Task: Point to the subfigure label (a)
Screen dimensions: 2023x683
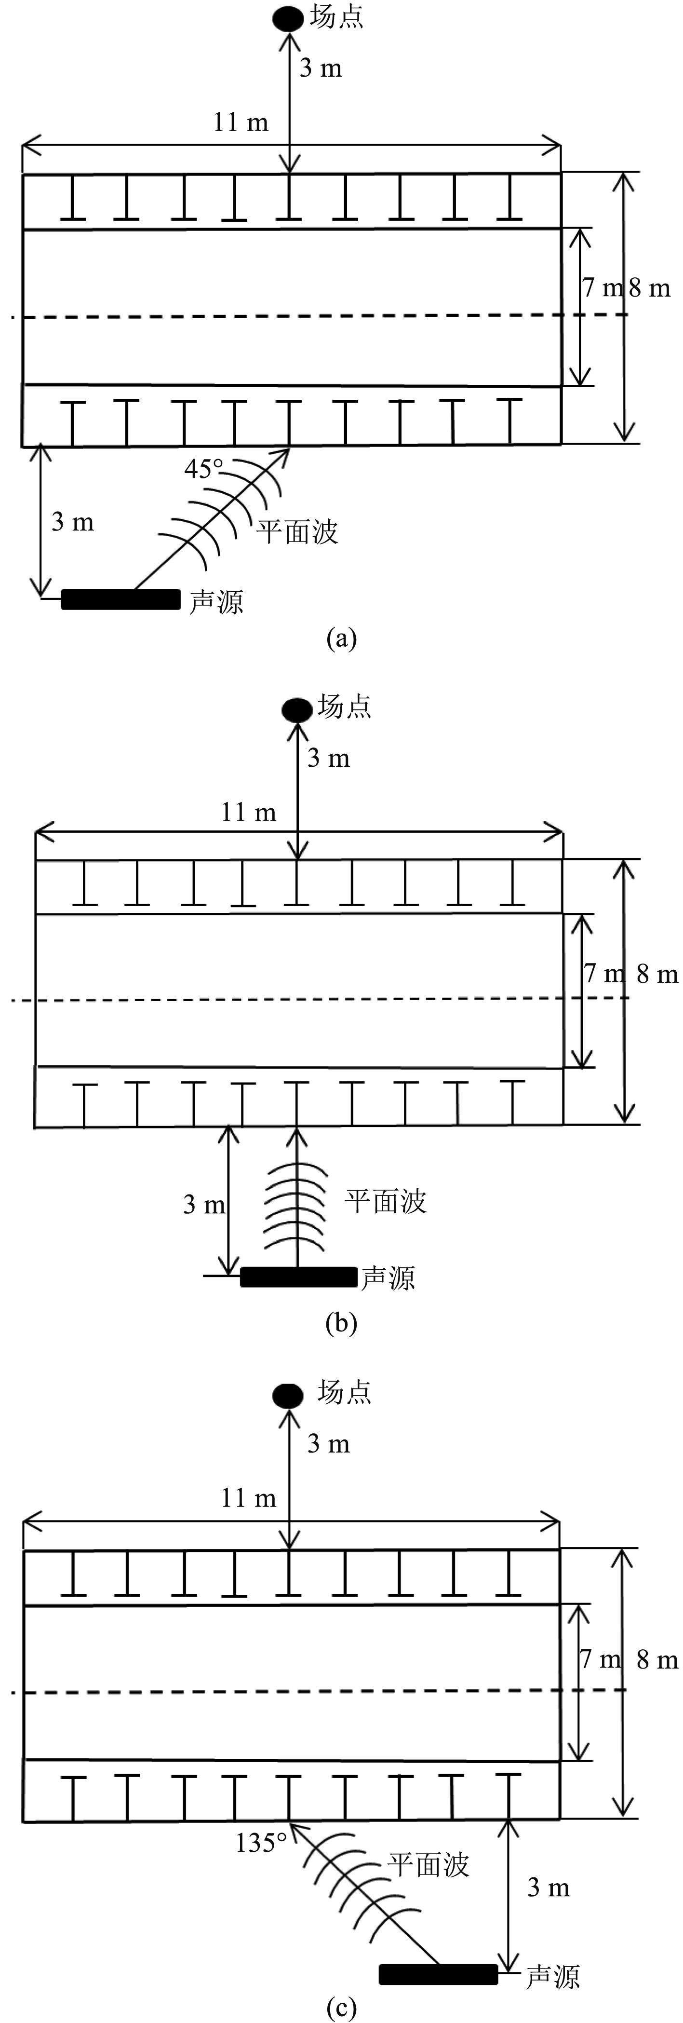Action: [x=341, y=638]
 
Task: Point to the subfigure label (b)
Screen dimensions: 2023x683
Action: [x=341, y=1323]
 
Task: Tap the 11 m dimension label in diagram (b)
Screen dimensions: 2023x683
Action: [x=249, y=812]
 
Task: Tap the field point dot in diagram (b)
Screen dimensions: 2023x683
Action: [x=297, y=710]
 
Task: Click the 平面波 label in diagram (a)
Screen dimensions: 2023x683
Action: [x=297, y=531]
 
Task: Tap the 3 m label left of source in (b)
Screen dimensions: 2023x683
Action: [x=204, y=1204]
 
